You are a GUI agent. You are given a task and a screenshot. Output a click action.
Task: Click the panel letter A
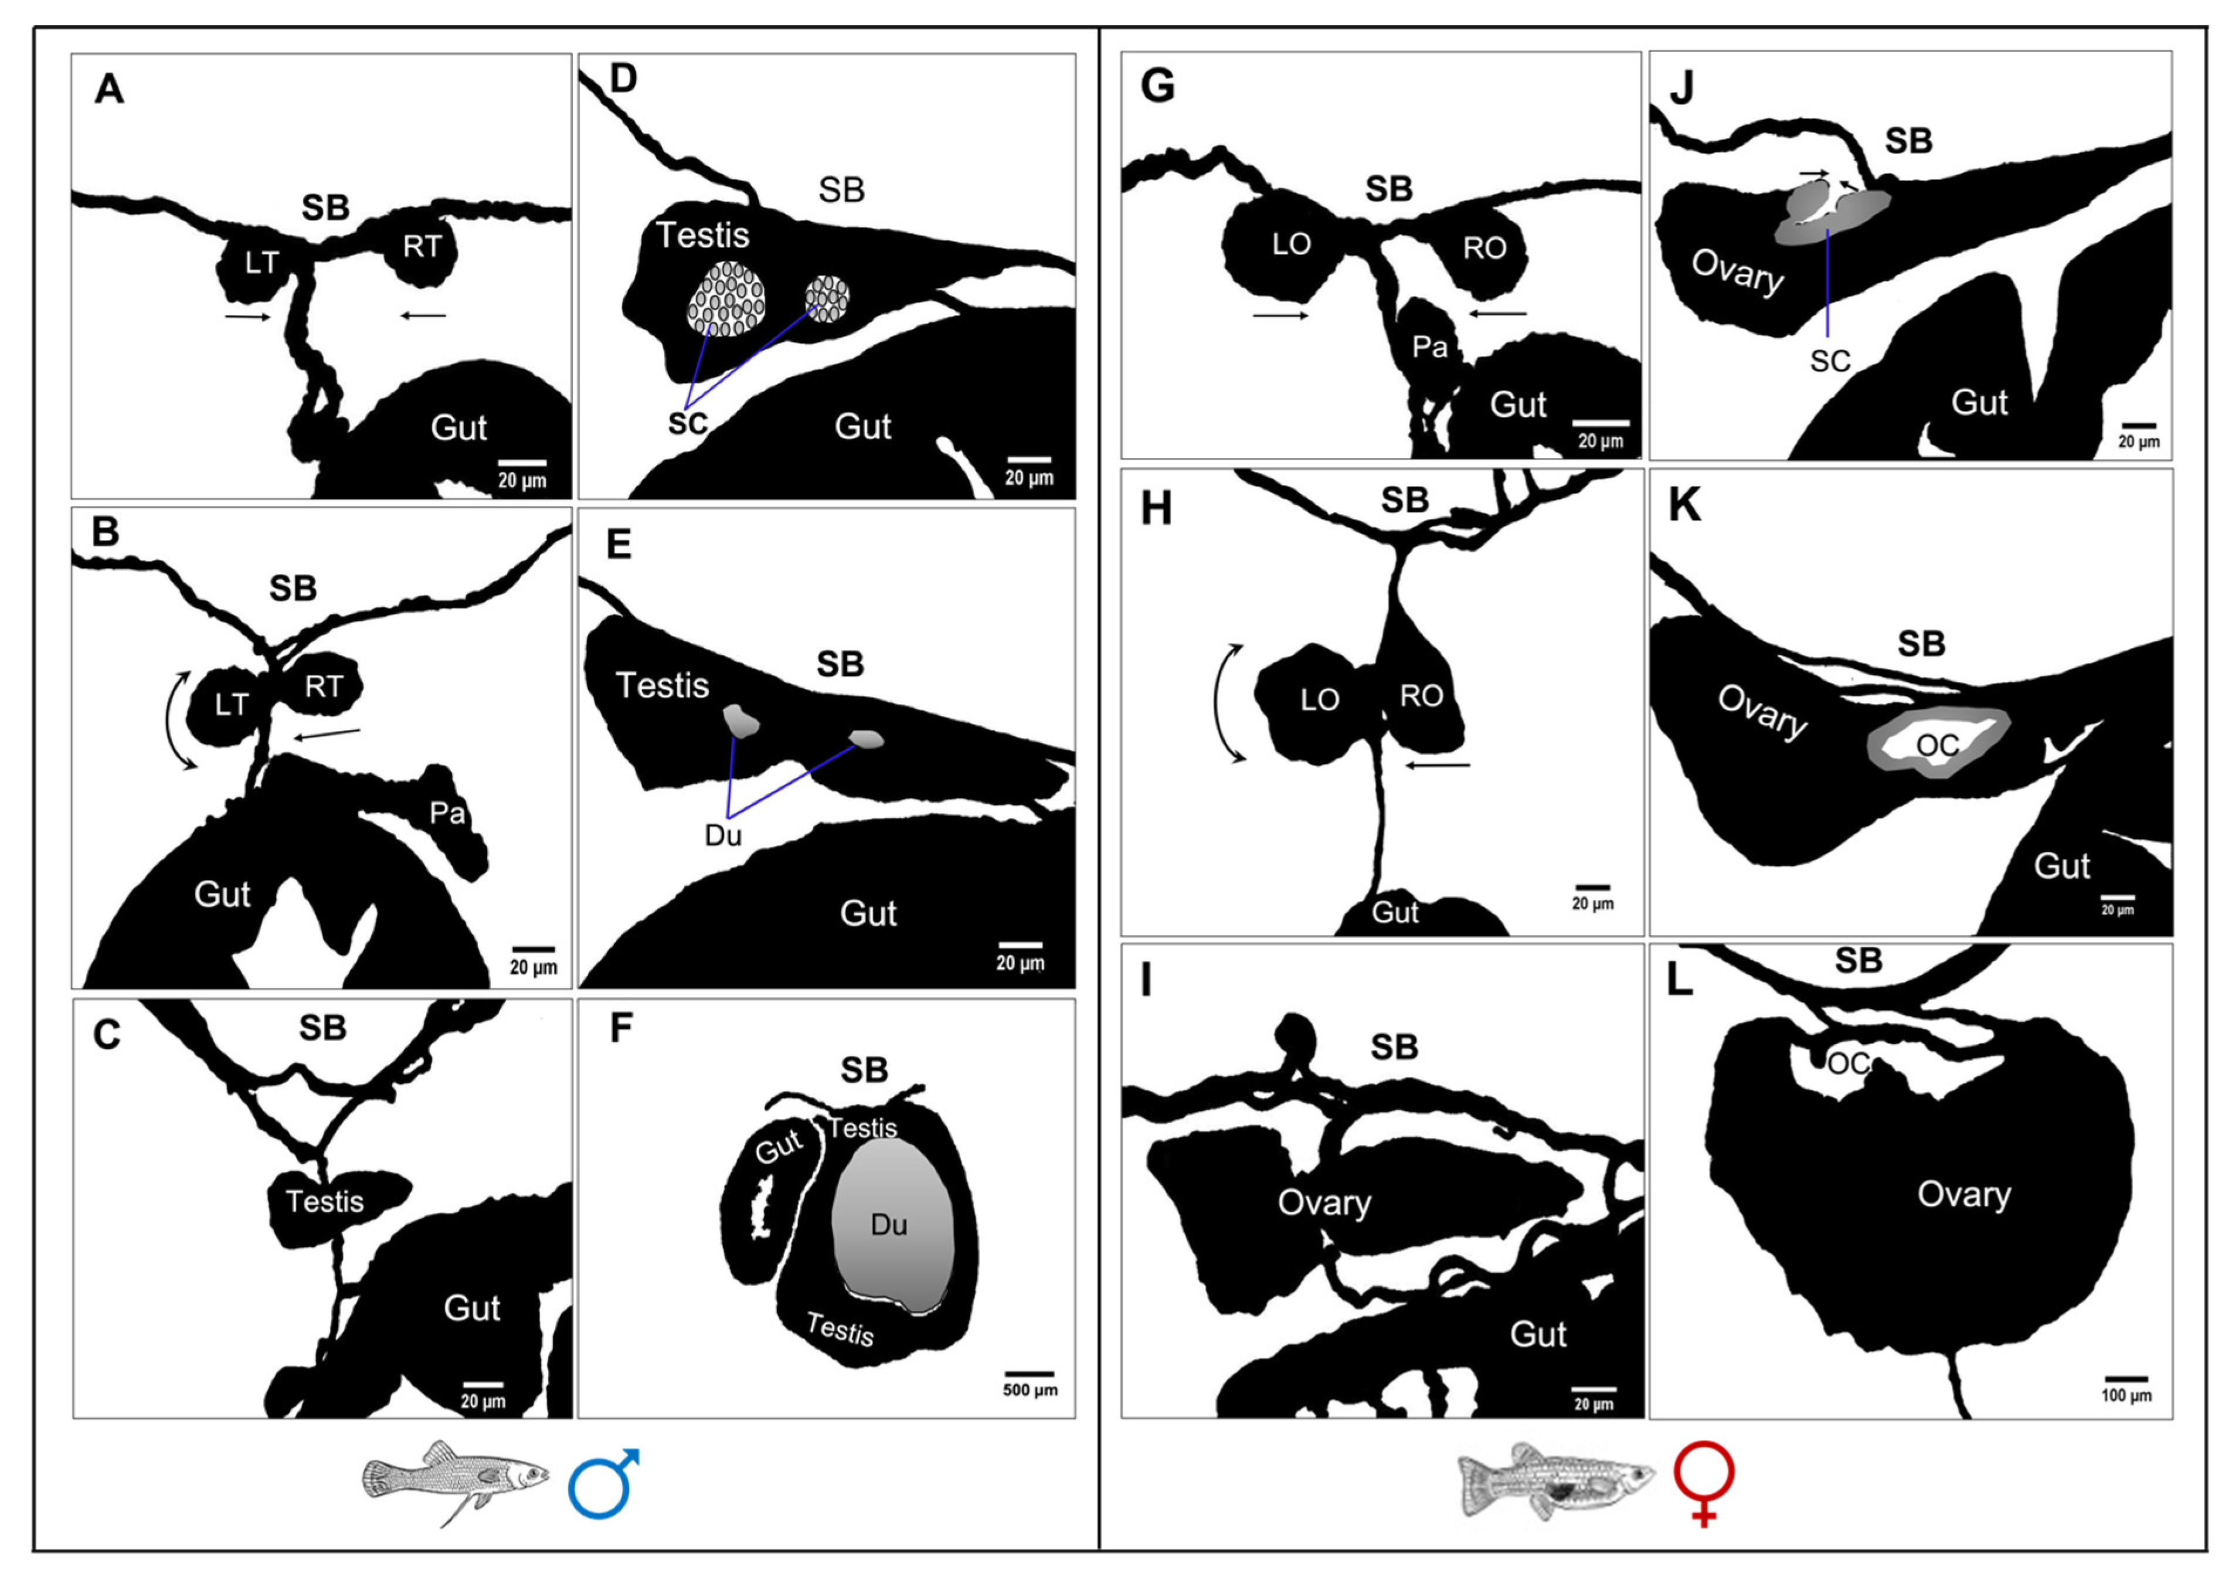109,89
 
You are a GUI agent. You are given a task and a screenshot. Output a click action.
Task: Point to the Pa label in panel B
447,813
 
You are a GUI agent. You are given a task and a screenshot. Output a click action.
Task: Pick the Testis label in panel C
325,1201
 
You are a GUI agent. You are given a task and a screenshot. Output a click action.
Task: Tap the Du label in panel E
723,835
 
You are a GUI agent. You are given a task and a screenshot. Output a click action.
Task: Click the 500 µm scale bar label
1030,1391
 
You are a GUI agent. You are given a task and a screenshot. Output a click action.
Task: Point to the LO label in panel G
1291,244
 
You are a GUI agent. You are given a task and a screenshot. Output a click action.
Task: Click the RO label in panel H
1421,696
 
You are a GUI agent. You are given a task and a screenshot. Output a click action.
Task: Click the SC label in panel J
1830,361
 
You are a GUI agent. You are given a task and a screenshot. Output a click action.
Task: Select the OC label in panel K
1938,746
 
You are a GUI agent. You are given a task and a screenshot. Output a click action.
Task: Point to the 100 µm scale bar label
2126,1396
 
